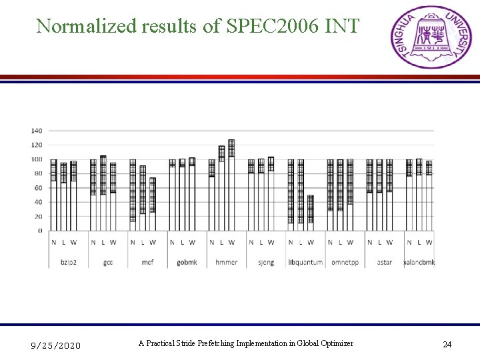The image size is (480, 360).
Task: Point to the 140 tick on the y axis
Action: (x=37, y=131)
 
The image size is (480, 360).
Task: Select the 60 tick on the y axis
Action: (x=39, y=188)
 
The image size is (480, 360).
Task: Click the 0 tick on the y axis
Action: (x=40, y=231)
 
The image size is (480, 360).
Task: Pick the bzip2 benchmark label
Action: (x=69, y=262)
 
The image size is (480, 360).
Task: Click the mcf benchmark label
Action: (x=147, y=262)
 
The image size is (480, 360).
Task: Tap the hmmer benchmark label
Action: (x=226, y=262)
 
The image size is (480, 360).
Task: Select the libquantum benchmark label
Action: (x=305, y=262)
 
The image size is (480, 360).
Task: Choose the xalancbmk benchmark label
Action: (x=419, y=262)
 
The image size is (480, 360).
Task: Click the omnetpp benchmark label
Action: (x=345, y=262)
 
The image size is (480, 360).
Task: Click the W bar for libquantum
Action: (x=310, y=213)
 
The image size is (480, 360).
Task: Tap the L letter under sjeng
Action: (x=261, y=242)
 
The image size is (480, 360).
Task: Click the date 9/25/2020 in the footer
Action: (x=56, y=345)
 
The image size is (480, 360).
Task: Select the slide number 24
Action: (x=447, y=345)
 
